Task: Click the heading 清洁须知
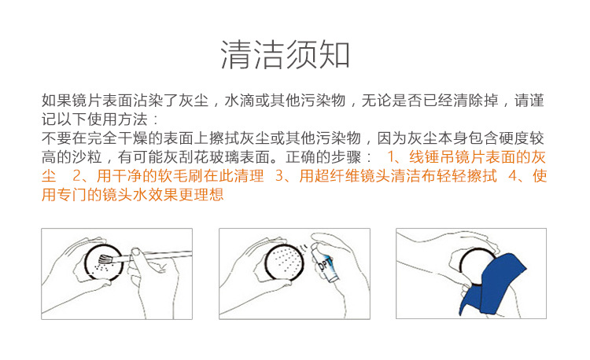pyautogui.click(x=286, y=55)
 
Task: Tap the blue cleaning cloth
pyautogui.click(x=493, y=284)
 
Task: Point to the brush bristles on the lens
pyautogui.click(x=105, y=259)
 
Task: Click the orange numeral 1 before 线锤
pyautogui.click(x=391, y=157)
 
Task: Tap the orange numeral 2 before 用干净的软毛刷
pyautogui.click(x=77, y=176)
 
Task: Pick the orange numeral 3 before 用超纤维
pyautogui.click(x=279, y=176)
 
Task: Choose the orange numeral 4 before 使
pyautogui.click(x=513, y=176)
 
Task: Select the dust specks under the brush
pyautogui.click(x=102, y=267)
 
